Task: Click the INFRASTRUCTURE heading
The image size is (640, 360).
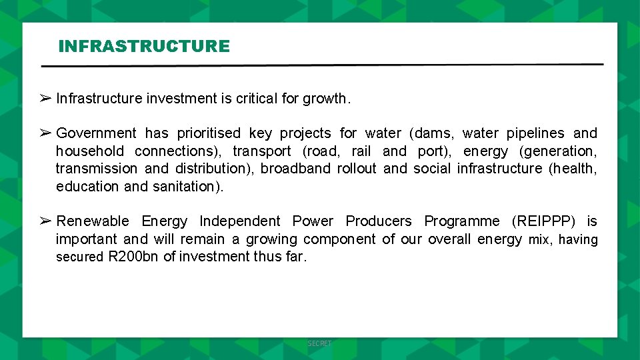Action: click(x=144, y=46)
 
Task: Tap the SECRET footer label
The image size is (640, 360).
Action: click(x=319, y=343)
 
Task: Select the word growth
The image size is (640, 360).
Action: click(x=325, y=99)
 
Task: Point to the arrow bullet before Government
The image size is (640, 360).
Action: click(x=45, y=133)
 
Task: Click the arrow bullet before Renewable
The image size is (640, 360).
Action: click(x=45, y=221)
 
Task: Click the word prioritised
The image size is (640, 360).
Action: click(x=209, y=133)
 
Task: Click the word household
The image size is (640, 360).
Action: click(x=90, y=151)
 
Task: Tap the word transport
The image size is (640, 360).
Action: click(x=262, y=151)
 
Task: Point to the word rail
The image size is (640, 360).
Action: click(x=360, y=151)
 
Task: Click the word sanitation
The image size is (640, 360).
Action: click(x=187, y=187)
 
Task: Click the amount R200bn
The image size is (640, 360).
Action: click(x=133, y=257)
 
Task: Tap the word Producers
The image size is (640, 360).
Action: click(x=379, y=221)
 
